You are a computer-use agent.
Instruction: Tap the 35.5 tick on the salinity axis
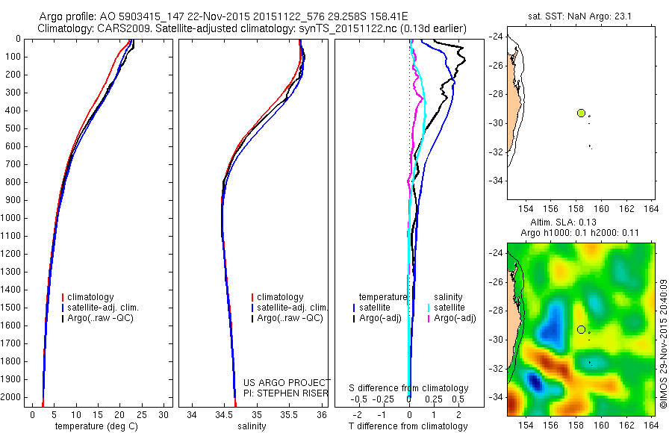(x=289, y=414)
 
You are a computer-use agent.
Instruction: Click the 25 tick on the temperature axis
(x=143, y=414)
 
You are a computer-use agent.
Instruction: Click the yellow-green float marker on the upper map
(x=581, y=113)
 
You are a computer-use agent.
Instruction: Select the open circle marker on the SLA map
(x=581, y=329)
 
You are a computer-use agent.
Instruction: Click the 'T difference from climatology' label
(x=409, y=426)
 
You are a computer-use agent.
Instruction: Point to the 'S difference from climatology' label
(x=409, y=388)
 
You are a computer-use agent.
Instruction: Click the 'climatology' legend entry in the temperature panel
(x=93, y=297)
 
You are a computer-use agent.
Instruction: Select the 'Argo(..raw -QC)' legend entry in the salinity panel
(x=290, y=318)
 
